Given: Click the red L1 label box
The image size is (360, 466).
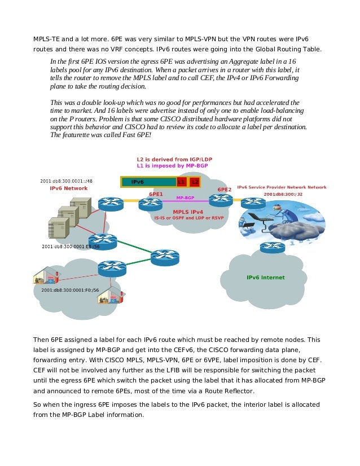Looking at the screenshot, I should (181, 182).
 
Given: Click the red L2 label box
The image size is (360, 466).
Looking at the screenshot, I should (194, 182).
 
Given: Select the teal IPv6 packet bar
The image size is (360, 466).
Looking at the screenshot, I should (148, 182).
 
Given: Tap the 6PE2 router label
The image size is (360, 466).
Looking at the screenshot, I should (225, 190).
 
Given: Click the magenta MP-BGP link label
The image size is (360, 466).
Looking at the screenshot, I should (186, 198).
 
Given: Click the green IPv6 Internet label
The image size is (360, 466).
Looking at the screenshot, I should (266, 278).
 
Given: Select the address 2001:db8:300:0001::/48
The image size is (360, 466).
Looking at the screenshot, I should (66, 181).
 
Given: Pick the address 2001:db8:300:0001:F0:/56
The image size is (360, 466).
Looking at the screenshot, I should (70, 290).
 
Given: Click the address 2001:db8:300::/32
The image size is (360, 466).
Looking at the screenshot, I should (283, 194).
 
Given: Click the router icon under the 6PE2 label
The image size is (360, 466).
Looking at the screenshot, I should (221, 200).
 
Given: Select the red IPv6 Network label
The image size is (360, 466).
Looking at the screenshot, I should (65, 188).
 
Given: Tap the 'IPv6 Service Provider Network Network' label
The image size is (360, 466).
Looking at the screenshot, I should (282, 187).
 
